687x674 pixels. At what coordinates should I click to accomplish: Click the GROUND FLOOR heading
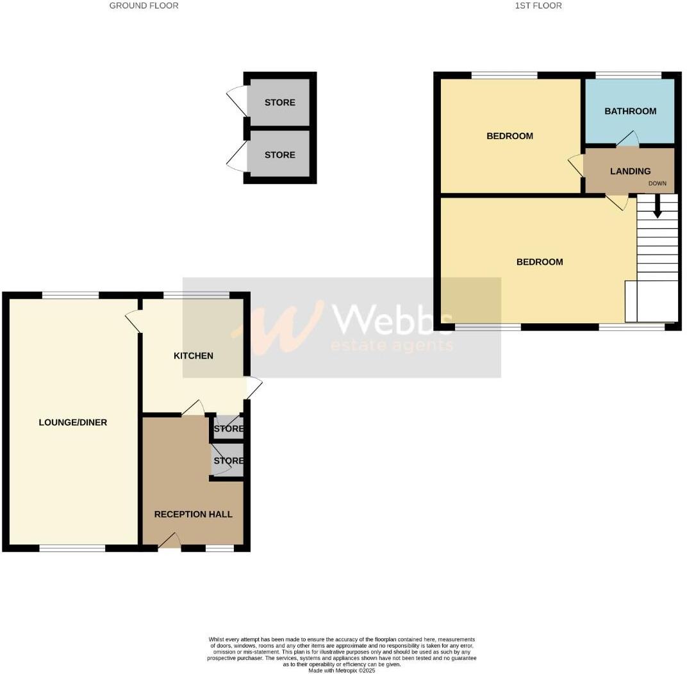pos(144,6)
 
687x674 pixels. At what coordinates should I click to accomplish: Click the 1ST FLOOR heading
pos(538,6)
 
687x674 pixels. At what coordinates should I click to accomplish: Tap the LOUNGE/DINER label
pos(73,423)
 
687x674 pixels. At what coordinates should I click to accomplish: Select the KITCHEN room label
pos(194,356)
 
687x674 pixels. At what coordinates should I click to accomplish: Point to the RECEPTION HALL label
pos(193,514)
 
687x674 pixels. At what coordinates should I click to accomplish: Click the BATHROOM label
pos(631,111)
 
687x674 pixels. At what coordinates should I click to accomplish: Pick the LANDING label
pos(630,171)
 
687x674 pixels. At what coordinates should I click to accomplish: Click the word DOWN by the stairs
pos(658,183)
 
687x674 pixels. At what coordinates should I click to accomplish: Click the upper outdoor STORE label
pos(280,103)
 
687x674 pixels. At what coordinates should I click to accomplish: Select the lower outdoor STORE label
pos(280,155)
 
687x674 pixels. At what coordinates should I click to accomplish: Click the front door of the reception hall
pos(169,542)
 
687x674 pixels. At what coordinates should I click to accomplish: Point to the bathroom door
pos(628,139)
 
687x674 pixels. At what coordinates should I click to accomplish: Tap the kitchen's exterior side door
pos(254,387)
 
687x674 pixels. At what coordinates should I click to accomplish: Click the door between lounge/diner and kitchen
pos(133,321)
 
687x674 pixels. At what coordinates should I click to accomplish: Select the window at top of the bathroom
pos(628,75)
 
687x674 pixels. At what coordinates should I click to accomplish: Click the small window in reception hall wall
pos(220,548)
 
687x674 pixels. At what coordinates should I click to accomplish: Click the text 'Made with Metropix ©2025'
pos(342,671)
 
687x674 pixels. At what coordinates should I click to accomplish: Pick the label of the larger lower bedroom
pos(540,262)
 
